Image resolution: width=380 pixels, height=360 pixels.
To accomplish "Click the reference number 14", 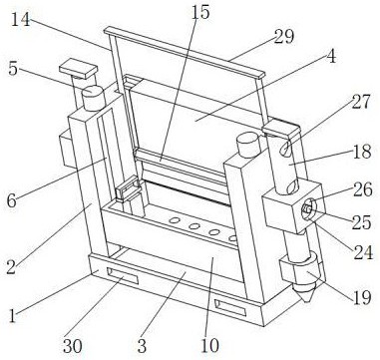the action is coord(20,20).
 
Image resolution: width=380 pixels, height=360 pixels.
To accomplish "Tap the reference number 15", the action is coord(200,12).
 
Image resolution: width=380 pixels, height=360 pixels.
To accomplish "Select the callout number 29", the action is coord(284,37).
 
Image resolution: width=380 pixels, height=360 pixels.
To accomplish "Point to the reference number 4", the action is coord(331,56).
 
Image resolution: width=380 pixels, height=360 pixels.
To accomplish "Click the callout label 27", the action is coord(360,102).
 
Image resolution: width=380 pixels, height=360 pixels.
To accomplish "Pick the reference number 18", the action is coord(362,152).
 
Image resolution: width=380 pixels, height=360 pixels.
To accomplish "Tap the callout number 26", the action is coord(363,189).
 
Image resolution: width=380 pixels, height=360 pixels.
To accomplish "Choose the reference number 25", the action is coord(361,222).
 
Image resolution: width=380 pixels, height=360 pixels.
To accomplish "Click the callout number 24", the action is coord(363,252).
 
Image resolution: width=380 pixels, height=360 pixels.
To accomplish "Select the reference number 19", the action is coord(361,297).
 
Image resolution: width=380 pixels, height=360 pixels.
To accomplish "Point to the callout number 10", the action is coord(209,346).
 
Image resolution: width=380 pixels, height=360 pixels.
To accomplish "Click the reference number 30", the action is coord(73,347).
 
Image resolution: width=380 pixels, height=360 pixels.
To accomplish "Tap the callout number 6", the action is coord(11,201).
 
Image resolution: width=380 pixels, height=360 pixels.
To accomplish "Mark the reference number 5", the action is coord(13,70).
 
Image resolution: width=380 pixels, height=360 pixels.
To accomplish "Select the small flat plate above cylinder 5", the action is coord(79,69).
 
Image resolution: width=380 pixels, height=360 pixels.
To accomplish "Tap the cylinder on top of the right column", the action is coord(248,145).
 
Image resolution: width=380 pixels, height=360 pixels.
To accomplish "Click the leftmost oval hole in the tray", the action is coord(175,220).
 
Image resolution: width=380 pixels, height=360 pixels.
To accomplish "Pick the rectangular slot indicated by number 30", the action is coord(122,275).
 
